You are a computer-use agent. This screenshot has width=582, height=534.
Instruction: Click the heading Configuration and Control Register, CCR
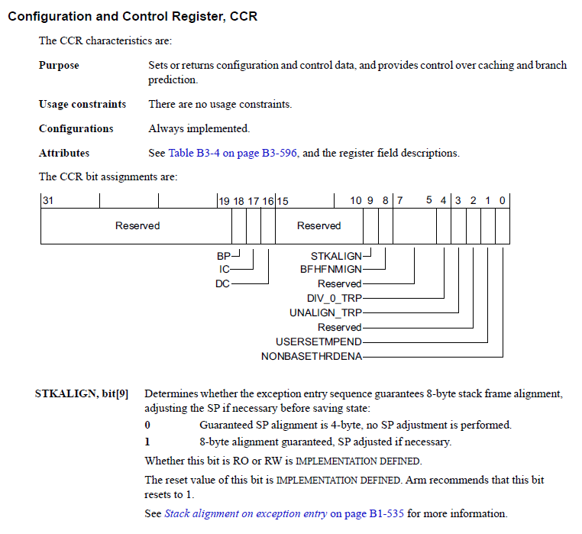[x=132, y=16]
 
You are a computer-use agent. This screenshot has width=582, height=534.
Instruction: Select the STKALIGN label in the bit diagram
[x=336, y=256]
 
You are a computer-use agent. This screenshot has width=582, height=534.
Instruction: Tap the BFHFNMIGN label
[x=331, y=269]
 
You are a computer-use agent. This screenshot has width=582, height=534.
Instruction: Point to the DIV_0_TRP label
[x=334, y=297]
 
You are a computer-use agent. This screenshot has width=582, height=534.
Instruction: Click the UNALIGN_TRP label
[x=325, y=312]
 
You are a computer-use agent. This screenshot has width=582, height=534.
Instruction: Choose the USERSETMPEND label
[x=318, y=341]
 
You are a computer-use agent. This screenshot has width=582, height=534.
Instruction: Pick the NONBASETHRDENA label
[x=312, y=355]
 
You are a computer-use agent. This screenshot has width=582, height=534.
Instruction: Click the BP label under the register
[x=224, y=257]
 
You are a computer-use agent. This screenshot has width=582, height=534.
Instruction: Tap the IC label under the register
[x=224, y=269]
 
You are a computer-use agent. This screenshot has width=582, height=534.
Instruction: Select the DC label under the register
[x=223, y=283]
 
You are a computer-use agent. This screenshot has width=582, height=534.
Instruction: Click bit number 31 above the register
[x=47, y=200]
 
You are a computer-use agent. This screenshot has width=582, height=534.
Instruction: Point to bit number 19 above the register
[x=224, y=200]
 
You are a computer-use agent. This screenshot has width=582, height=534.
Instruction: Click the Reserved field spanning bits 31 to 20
[x=137, y=225]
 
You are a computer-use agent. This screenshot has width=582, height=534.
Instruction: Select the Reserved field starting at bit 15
[x=318, y=225]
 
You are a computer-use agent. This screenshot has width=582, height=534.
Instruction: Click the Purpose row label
[x=59, y=66]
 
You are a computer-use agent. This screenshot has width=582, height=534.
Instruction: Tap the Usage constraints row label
[x=82, y=104]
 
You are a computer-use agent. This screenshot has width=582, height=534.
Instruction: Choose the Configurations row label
[x=76, y=128]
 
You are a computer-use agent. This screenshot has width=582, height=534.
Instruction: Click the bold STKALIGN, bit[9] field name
[x=82, y=394]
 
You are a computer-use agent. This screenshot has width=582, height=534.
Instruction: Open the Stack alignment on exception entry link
[x=245, y=513]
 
